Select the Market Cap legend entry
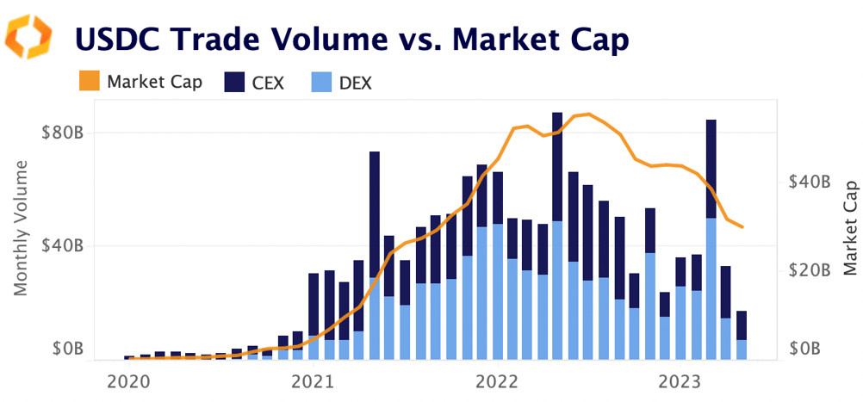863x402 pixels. click(x=142, y=83)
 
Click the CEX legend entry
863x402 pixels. click(x=253, y=83)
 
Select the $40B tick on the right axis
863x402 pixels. click(x=809, y=182)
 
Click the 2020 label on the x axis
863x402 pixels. click(x=128, y=380)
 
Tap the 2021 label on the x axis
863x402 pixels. click(x=313, y=380)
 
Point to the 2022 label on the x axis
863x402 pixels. click(x=497, y=380)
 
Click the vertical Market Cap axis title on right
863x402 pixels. click(x=850, y=227)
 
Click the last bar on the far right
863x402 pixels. click(x=741, y=336)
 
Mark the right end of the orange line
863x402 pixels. click(x=742, y=227)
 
